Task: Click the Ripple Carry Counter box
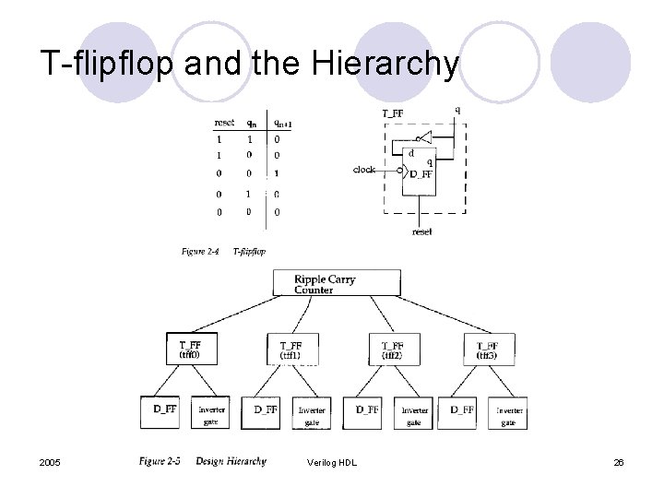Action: coord(337,282)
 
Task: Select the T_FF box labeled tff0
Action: coord(192,347)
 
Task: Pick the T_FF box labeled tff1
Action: coord(290,347)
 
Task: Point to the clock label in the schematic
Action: coord(364,170)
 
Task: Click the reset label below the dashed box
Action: coord(422,231)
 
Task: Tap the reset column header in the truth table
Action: coord(224,123)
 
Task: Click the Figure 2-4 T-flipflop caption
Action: coord(223,251)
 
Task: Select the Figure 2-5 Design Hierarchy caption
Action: coord(203,461)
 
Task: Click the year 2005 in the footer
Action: coord(51,462)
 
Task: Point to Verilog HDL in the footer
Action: coord(331,462)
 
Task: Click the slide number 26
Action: coord(619,462)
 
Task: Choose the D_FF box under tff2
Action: coord(368,412)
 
